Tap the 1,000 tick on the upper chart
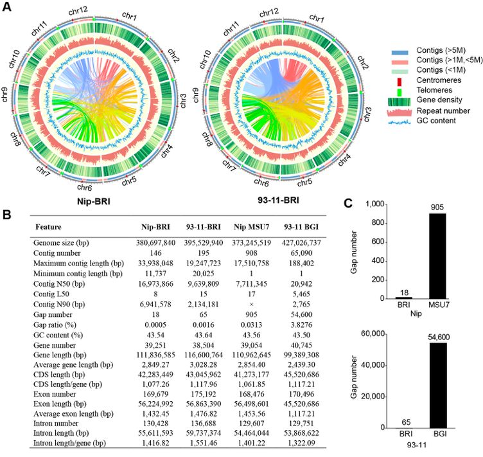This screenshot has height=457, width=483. coord(378,204)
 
